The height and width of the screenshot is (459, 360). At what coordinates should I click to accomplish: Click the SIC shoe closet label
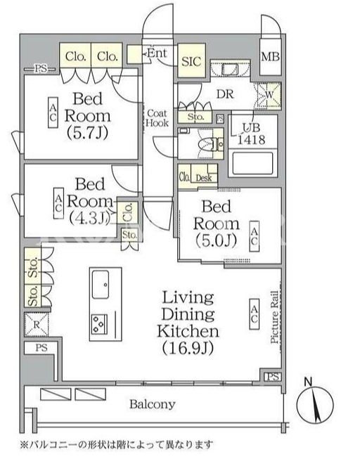coord(191,61)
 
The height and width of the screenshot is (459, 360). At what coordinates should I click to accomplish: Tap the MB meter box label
coord(270,56)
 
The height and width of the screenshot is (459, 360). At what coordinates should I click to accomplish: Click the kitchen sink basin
coord(101,285)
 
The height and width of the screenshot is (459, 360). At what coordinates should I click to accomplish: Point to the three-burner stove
coord(100,324)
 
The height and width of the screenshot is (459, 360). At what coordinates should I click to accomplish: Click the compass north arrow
coord(316,406)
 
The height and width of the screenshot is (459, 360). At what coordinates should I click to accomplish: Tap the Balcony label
coord(153,404)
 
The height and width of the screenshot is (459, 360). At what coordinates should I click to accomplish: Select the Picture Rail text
coord(274,317)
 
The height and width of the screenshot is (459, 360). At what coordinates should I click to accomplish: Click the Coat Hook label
coord(157,118)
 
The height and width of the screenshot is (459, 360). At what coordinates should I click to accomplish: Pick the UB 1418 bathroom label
coord(251,134)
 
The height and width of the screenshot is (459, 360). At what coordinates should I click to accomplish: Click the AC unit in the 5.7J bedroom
coord(53,112)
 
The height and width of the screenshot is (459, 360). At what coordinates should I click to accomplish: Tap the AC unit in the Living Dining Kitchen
coord(254,313)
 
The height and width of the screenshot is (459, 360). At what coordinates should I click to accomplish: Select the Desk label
coord(204,178)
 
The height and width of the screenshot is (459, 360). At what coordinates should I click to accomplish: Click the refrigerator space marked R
coord(37,325)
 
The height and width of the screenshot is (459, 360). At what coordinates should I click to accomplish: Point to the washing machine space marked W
coord(269,95)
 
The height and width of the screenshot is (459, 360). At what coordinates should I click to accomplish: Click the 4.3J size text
coord(90,218)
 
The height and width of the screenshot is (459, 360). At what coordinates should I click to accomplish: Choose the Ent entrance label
coord(157,53)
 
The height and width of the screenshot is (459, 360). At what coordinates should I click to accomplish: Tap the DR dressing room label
coord(225,94)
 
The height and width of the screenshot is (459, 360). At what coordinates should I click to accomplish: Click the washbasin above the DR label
coord(230,69)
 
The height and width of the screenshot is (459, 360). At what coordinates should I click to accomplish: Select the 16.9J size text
coord(188,348)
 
